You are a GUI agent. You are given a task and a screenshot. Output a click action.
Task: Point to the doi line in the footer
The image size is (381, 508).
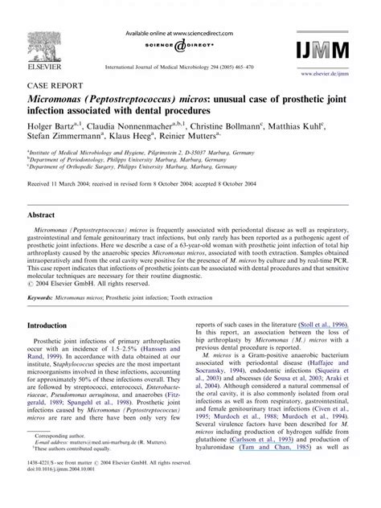tap(64, 490)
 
